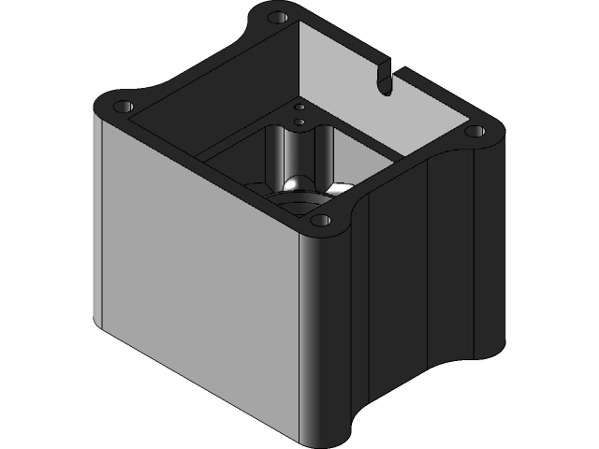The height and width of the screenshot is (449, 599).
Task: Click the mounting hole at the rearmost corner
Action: pyautogui.click(x=276, y=18)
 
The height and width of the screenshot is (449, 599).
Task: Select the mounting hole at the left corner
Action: pyautogui.click(x=123, y=105)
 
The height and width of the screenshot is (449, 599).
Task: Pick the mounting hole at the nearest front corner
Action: pyautogui.click(x=320, y=222)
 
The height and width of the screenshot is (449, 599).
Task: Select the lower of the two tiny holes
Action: pyautogui.click(x=299, y=121)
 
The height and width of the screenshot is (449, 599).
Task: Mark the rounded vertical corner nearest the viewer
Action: pyautogui.click(x=323, y=337)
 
